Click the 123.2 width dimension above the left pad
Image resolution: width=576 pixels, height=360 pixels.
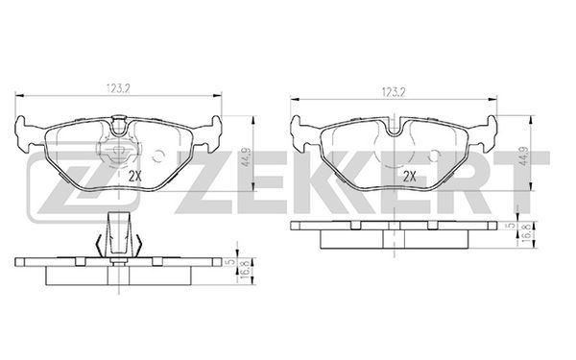(x=119, y=88)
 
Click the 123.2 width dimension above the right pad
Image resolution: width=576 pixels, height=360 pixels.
(x=394, y=92)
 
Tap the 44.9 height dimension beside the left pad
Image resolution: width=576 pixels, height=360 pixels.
(x=246, y=156)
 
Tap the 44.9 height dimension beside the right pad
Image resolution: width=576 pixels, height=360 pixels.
(x=524, y=156)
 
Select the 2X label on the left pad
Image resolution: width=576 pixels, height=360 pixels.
(x=134, y=177)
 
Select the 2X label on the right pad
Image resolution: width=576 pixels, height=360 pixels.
(x=410, y=177)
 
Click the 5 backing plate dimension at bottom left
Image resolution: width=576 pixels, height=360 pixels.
(x=230, y=262)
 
